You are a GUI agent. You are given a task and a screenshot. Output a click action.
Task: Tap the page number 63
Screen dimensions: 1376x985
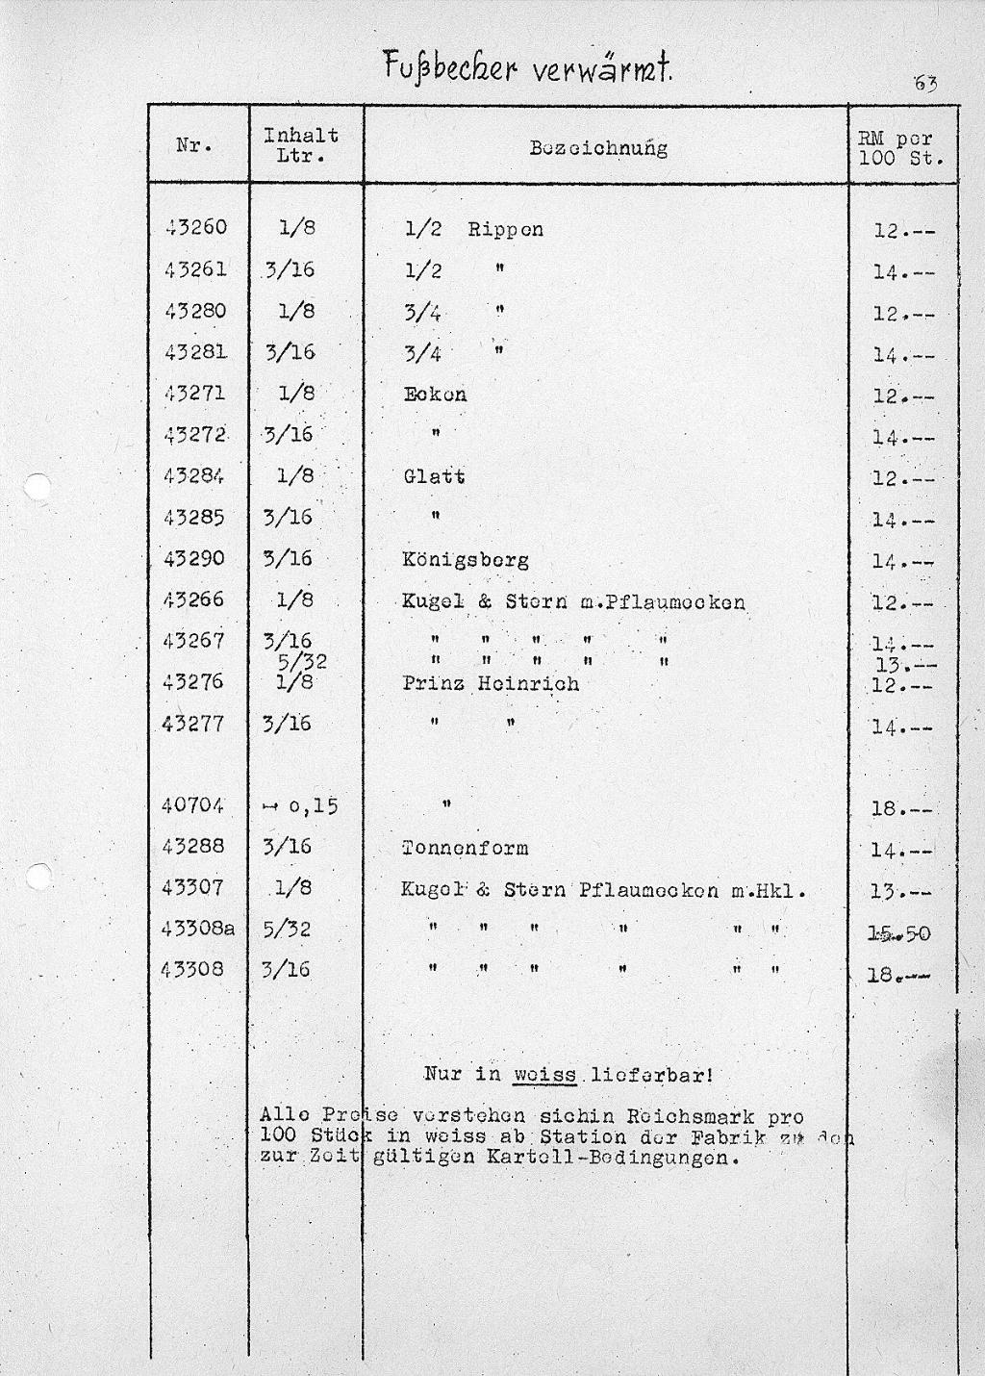point(925,84)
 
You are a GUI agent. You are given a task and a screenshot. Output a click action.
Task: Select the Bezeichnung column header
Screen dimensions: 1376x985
point(598,148)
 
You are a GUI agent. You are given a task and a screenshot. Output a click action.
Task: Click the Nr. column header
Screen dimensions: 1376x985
point(195,146)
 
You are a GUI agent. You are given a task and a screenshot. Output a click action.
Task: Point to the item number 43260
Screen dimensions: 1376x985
point(195,228)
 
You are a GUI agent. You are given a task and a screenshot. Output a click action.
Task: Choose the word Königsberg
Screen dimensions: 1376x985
point(466,560)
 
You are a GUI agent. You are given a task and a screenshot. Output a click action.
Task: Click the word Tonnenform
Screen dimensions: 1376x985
point(465,848)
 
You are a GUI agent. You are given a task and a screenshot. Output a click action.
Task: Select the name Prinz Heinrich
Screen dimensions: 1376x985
point(491,683)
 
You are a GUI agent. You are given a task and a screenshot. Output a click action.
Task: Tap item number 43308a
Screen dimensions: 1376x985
point(198,929)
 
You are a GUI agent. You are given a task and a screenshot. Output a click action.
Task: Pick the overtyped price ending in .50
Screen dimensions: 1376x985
point(899,932)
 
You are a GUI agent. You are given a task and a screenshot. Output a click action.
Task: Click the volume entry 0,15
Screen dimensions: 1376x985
point(313,806)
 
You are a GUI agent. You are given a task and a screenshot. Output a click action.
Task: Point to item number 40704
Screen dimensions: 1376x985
point(193,805)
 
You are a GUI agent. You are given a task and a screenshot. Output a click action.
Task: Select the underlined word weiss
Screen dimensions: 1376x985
point(544,1075)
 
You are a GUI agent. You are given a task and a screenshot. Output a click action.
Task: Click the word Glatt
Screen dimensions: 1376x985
point(434,476)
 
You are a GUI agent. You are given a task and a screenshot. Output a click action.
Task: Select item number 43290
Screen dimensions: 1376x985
point(194,558)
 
